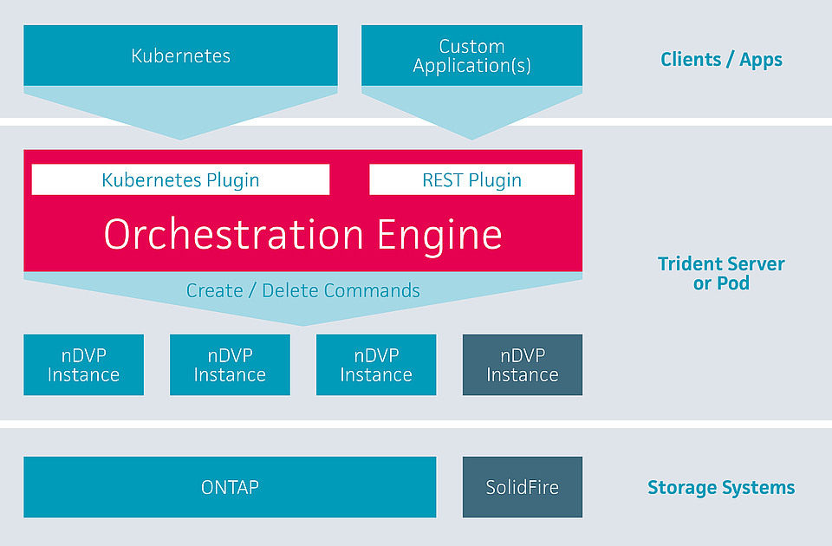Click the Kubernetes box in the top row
(x=180, y=55)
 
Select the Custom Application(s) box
(x=471, y=55)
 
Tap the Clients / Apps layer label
(x=721, y=60)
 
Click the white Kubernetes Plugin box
(x=180, y=179)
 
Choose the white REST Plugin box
(x=471, y=179)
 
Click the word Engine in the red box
(x=439, y=234)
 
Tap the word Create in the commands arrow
(x=214, y=290)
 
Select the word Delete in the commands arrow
(x=289, y=290)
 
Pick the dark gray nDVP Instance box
(x=522, y=365)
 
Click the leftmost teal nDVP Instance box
(x=83, y=365)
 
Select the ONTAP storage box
(x=230, y=487)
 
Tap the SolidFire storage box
(x=522, y=487)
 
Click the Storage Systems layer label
(x=721, y=488)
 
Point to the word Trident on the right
(x=686, y=263)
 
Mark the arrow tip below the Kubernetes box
(x=180, y=134)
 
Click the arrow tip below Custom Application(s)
(x=471, y=134)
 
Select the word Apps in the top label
(x=761, y=60)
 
